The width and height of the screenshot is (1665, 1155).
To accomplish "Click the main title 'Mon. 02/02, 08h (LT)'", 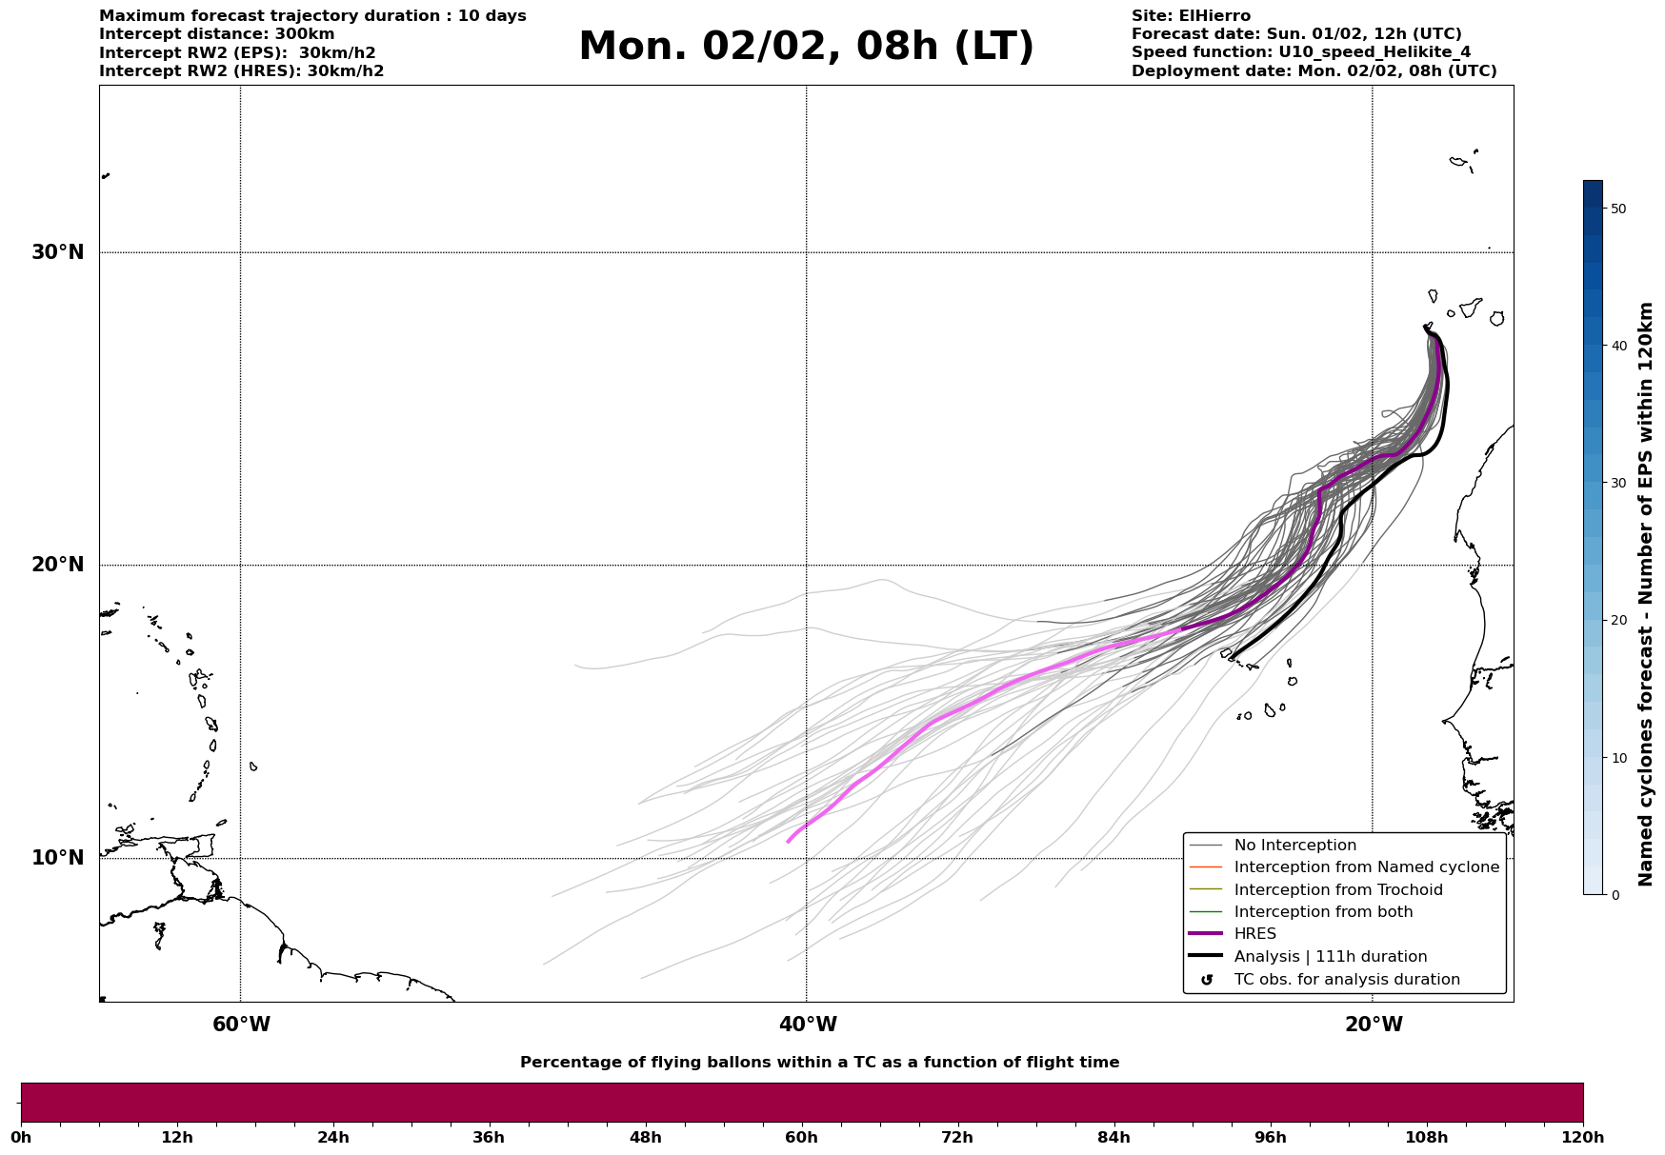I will point(806,46).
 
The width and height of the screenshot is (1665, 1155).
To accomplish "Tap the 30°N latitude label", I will point(58,252).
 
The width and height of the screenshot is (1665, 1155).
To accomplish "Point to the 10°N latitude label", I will point(58,858).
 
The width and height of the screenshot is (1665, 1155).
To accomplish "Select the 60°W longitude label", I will point(241,1025).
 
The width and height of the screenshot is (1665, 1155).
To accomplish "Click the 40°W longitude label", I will point(808,1025).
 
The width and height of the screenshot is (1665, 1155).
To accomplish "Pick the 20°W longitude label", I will point(1374,1025).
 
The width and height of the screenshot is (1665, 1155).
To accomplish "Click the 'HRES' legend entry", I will point(1254,934).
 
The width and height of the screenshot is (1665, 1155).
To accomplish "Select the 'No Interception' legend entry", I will point(1294,846).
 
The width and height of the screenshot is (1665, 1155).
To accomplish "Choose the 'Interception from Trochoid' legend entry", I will point(1337,890).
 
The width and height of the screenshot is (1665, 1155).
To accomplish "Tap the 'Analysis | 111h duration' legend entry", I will point(1330,957).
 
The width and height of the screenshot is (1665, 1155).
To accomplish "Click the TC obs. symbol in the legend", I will point(1207,980).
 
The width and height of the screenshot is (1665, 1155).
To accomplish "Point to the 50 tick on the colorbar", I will point(1618,209).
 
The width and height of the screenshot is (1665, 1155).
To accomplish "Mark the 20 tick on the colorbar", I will point(1618,620).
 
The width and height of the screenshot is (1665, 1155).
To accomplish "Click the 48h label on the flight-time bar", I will point(645,1137).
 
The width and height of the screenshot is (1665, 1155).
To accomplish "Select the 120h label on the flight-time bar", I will point(1583,1137).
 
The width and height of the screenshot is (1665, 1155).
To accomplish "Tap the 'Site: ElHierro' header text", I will point(1191,16).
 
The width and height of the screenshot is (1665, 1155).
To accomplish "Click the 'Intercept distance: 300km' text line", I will point(216,34).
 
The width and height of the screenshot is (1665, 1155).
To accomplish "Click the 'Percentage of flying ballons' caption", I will point(819,1063).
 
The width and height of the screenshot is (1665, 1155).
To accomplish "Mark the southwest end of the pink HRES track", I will point(788,842).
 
